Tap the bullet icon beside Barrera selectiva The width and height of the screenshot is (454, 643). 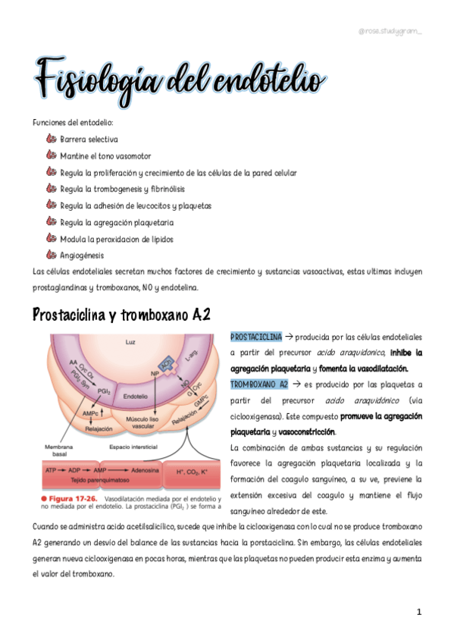(51, 139)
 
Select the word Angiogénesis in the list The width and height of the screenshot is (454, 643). (82, 256)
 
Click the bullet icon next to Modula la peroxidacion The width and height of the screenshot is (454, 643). (51, 239)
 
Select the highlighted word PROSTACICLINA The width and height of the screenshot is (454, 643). (256, 336)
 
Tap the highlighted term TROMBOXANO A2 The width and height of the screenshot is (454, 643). (258, 384)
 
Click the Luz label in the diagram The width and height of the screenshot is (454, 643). (130, 343)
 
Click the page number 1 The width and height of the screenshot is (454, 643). (418, 610)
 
